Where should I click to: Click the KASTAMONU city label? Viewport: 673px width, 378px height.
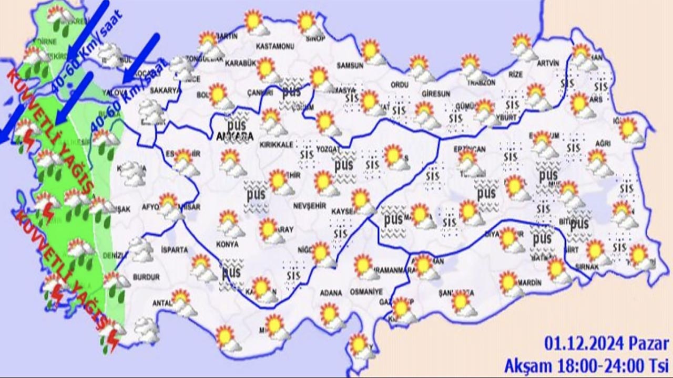pyautogui.click(x=274, y=46)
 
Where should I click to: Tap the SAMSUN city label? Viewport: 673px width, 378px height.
pyautogui.click(x=350, y=66)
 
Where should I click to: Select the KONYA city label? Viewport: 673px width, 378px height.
pyautogui.click(x=227, y=244)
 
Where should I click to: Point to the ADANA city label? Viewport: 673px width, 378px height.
pyautogui.click(x=330, y=292)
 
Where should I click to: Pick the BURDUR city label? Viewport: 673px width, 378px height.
pyautogui.click(x=146, y=277)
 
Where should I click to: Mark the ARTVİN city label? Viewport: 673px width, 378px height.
pyautogui.click(x=547, y=63)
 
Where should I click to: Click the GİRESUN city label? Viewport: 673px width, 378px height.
pyautogui.click(x=436, y=93)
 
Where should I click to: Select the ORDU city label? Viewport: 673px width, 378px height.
pyautogui.click(x=400, y=85)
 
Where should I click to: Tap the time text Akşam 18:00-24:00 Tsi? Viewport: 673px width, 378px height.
pyautogui.click(x=586, y=364)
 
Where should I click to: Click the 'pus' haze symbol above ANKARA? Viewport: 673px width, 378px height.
pyautogui.click(x=237, y=125)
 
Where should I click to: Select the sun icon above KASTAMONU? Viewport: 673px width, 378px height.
pyautogui.click(x=254, y=22)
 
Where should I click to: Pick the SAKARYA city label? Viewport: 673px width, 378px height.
pyautogui.click(x=165, y=90)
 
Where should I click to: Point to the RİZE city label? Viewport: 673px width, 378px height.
pyautogui.click(x=516, y=75)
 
